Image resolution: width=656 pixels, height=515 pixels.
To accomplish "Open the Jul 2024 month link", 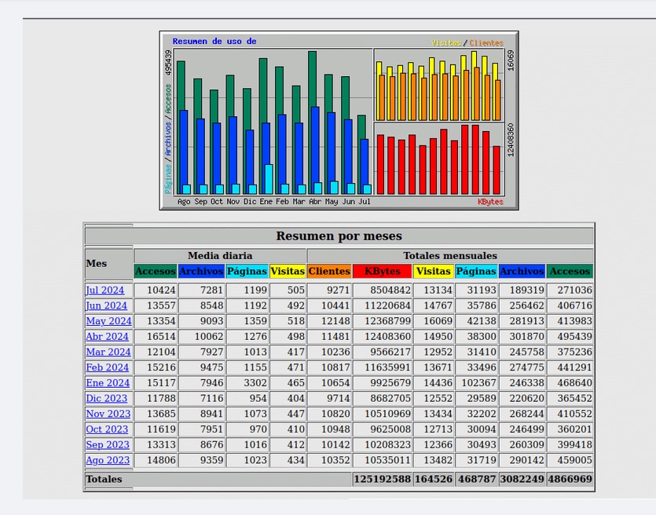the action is (105, 290).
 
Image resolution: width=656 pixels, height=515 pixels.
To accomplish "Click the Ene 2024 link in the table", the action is (108, 383).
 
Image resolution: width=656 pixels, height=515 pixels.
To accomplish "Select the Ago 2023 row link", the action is (108, 460).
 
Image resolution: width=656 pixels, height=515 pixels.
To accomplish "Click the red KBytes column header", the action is (382, 272).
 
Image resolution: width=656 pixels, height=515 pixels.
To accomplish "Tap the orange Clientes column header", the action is (329, 272).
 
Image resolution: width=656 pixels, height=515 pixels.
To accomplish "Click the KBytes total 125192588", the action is (382, 479).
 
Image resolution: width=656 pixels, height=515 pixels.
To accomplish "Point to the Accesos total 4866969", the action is (570, 479).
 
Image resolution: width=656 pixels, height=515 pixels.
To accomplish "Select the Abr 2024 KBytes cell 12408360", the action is (382, 337).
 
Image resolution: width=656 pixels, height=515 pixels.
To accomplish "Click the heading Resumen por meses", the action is (339, 236).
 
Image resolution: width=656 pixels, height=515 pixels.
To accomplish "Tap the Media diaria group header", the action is (220, 256).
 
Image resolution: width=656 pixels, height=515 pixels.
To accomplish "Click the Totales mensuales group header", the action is (450, 256).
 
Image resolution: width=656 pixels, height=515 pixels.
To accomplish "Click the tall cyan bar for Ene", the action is (269, 179).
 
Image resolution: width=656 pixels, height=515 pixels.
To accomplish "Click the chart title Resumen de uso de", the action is (214, 42).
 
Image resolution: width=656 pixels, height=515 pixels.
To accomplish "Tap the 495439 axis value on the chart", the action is (169, 63).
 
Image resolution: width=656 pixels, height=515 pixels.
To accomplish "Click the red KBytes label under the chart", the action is (490, 202).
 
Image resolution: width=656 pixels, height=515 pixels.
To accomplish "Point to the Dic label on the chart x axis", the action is (250, 202).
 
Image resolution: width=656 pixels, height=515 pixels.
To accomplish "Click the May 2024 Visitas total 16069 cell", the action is (434, 321).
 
